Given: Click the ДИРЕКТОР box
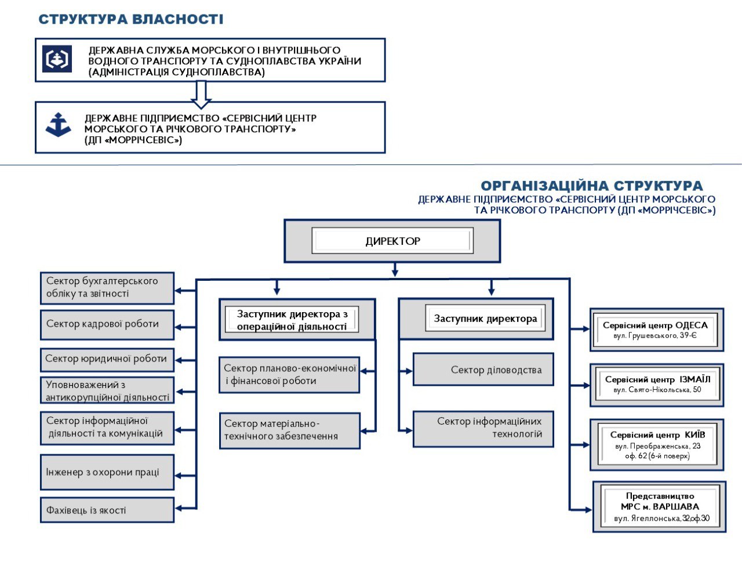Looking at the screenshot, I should tap(392, 241).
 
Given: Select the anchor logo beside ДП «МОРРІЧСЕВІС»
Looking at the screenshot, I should tap(58, 125).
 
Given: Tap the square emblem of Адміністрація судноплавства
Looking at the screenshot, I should tap(57, 59).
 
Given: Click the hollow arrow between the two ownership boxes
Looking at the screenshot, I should tap(201, 95).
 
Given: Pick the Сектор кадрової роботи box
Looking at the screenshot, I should tap(107, 324).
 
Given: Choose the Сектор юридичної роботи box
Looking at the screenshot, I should tap(107, 359).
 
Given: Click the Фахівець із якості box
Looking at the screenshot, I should tap(107, 510).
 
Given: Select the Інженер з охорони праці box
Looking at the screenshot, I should tap(107, 472).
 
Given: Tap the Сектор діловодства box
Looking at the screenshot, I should tap(483, 370).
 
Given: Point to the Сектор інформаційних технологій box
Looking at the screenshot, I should tap(483, 428).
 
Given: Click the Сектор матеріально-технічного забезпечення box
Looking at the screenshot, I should tap(289, 430).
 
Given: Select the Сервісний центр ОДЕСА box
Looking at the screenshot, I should tap(656, 330).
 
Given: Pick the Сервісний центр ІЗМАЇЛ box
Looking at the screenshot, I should tap(657, 385).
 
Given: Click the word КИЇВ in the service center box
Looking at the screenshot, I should tap(694, 435).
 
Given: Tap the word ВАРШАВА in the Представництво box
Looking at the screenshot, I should tap(676, 506).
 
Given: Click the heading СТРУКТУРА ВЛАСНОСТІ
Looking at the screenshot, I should tap(130, 19).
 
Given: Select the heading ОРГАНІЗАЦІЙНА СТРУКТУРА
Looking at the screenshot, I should tap(591, 186).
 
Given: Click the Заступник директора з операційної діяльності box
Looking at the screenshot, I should tap(297, 319).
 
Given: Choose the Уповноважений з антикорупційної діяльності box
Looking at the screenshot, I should tap(107, 390).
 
